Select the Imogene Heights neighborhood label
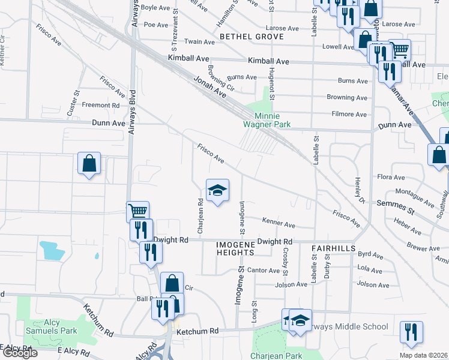click(236, 248)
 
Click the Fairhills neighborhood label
click(334, 248)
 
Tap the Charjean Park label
click(276, 355)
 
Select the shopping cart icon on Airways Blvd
click(138, 212)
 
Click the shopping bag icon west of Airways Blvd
click(89, 163)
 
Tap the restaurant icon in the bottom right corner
click(411, 332)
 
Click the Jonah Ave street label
click(210, 87)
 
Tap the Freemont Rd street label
click(101, 105)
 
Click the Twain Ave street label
click(200, 42)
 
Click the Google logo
click(19, 353)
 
